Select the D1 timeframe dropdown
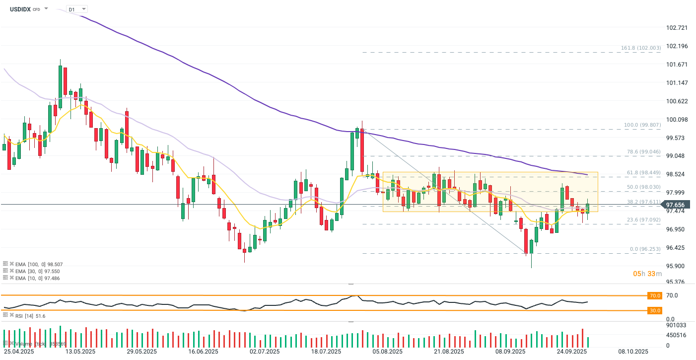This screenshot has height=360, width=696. pyautogui.click(x=77, y=9)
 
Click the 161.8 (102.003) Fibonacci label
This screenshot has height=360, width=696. pyautogui.click(x=641, y=48)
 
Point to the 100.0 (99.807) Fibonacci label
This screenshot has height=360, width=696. pyautogui.click(x=641, y=125)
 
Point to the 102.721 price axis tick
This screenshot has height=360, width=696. pyautogui.click(x=678, y=28)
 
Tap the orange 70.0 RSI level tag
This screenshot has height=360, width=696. pyautogui.click(x=655, y=295)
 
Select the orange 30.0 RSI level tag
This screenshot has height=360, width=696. pyautogui.click(x=655, y=310)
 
